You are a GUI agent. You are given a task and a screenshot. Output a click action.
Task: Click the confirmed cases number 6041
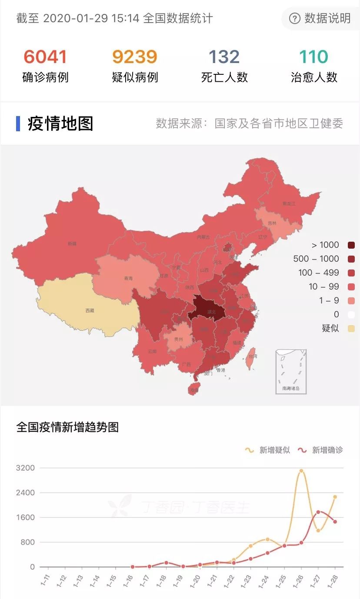tap(45, 57)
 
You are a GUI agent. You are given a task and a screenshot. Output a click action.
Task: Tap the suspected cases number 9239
tap(135, 57)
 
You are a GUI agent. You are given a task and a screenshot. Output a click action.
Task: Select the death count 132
tap(224, 57)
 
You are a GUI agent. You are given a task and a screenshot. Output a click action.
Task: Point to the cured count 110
tap(314, 57)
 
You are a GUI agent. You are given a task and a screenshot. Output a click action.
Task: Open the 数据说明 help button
tap(321, 18)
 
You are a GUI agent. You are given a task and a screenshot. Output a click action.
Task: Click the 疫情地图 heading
tap(60, 124)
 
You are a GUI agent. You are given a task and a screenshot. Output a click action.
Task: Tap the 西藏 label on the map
tap(90, 310)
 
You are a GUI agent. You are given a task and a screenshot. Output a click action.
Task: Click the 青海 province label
tap(128, 278)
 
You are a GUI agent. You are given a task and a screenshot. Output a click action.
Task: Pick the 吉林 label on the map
tap(272, 223)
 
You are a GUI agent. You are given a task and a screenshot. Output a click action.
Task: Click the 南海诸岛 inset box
tap(291, 372)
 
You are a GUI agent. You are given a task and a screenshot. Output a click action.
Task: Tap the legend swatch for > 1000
tap(351, 245)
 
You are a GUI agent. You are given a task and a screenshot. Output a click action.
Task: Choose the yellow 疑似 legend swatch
tap(351, 328)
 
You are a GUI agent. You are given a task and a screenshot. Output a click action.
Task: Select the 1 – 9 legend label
tap(329, 300)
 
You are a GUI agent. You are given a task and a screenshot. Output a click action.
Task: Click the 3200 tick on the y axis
tap(25, 468)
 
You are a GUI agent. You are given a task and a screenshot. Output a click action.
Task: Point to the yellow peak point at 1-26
tap(301, 471)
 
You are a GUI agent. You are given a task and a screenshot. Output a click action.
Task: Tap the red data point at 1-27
tap(318, 512)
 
